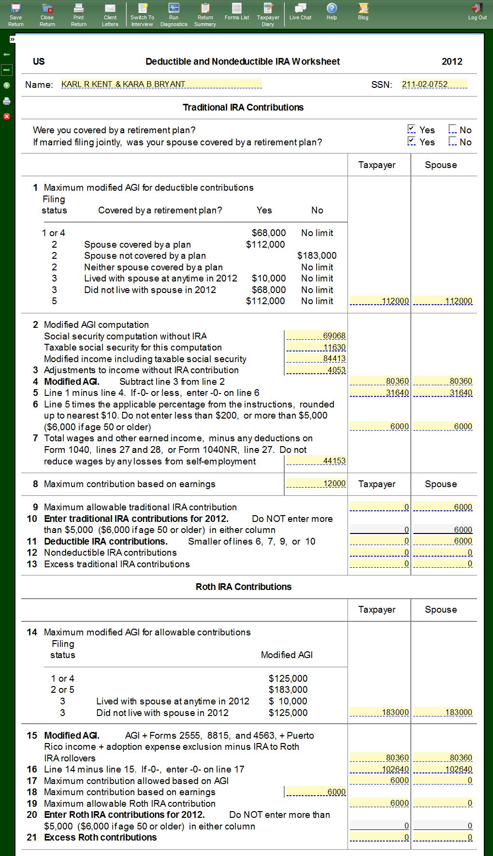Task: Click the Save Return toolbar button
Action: [x=16, y=14]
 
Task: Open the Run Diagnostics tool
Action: [x=174, y=14]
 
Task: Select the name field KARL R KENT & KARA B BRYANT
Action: [x=161, y=84]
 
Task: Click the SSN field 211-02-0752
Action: [x=434, y=84]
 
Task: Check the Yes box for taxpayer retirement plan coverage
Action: [x=411, y=128]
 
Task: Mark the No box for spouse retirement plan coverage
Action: [x=452, y=140]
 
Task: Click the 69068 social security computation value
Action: [x=316, y=336]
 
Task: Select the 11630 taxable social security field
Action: [x=316, y=347]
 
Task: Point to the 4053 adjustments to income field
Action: [x=316, y=370]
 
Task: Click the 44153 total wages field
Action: [x=316, y=461]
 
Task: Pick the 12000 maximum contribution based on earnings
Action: [x=316, y=483]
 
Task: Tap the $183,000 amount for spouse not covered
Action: [x=317, y=255]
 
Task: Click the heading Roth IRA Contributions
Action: [x=244, y=587]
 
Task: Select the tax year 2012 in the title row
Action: [x=452, y=61]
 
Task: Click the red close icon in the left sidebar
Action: [x=7, y=116]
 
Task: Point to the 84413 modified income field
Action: [x=316, y=358]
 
